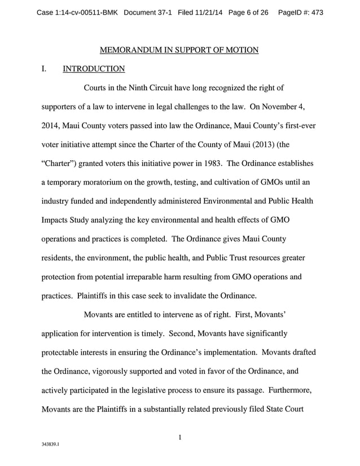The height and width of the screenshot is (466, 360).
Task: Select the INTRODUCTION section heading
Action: point(93,69)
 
